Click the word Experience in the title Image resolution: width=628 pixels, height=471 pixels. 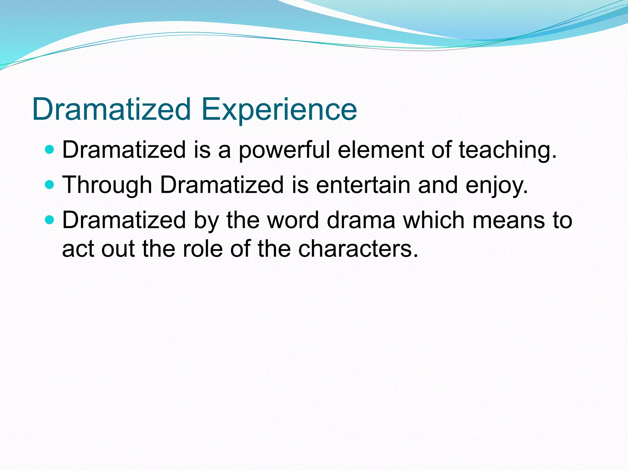point(279,109)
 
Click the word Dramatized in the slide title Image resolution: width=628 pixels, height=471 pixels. point(112,109)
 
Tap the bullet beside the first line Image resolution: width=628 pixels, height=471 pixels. point(49,150)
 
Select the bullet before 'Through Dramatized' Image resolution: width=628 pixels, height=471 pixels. point(49,185)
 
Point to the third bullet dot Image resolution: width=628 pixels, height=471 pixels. point(49,220)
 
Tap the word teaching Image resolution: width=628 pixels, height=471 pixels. point(507,150)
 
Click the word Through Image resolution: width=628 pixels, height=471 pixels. point(107,185)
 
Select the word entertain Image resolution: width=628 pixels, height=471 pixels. point(363,185)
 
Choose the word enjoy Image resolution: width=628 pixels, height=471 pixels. point(496,185)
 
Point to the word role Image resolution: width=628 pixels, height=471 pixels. point(203,248)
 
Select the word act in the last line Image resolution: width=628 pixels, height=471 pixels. point(78,248)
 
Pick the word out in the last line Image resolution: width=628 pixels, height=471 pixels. point(118,248)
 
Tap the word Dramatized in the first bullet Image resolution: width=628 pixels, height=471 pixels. point(124,150)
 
